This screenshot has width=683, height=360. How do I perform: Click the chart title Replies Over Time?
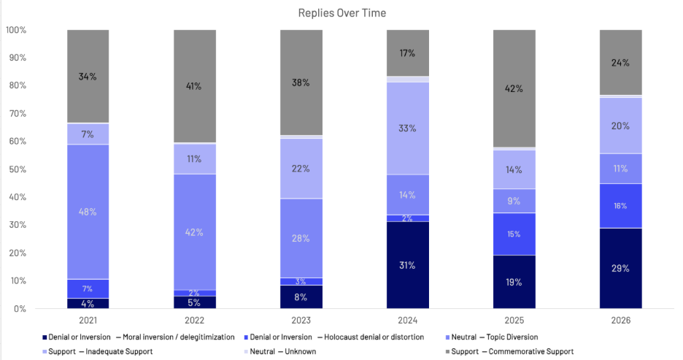point(341,13)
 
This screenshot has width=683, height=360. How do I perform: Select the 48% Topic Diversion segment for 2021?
point(88,212)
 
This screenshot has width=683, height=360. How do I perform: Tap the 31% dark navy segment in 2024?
point(407,265)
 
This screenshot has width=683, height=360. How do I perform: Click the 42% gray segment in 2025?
point(514,89)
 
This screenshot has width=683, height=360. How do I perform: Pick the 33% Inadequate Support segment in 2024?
point(407,129)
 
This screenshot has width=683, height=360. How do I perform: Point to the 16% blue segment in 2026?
point(620,206)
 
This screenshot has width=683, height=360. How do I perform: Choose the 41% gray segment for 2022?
point(194,86)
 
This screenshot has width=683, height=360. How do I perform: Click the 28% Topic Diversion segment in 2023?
point(301,238)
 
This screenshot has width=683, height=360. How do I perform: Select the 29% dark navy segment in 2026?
point(620,268)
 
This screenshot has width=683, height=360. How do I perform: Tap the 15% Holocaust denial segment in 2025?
point(514,234)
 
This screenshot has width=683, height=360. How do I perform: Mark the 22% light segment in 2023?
point(301,168)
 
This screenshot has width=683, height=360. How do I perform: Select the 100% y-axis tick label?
point(15,30)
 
